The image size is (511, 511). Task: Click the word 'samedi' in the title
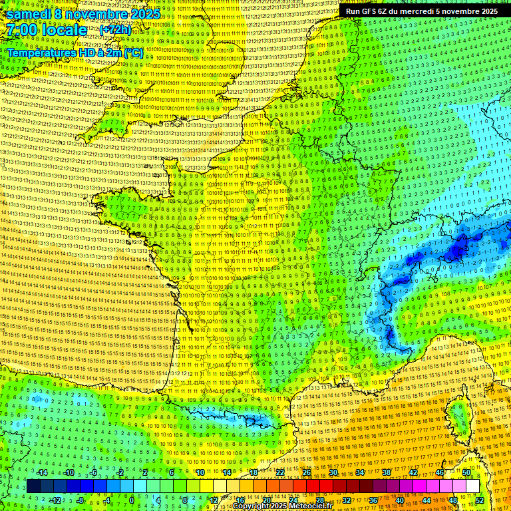[30, 14]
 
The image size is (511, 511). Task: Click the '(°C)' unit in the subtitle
[132, 52]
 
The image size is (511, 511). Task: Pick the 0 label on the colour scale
[132, 500]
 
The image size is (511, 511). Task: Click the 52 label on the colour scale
[479, 500]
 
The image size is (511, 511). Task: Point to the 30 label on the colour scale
[333, 472]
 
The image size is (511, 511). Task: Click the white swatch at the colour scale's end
[472, 486]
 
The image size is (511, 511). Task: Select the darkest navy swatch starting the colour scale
[33, 486]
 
